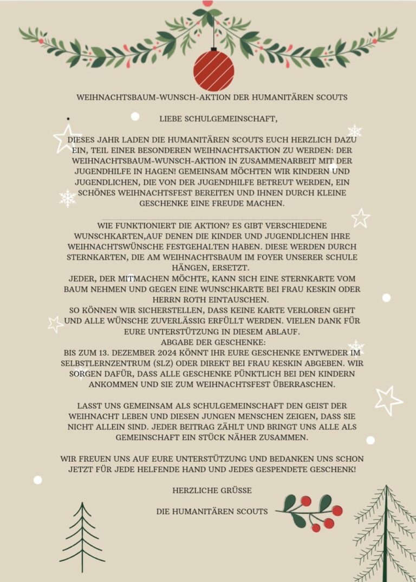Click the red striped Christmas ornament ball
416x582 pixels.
tap(214, 71)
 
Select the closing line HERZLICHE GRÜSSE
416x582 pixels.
tap(212, 491)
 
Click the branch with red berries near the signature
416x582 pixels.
tap(311, 511)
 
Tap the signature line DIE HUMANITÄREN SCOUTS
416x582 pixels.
tap(212, 511)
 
